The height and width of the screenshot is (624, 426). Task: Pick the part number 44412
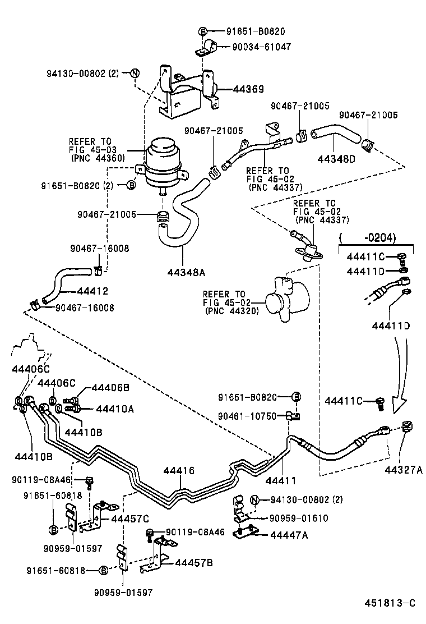[x=92, y=291]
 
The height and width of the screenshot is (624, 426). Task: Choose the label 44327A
[x=404, y=469]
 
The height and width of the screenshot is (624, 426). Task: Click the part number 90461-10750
[x=247, y=416]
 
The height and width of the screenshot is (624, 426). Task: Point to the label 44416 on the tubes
[x=179, y=470]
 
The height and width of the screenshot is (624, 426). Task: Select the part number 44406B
[x=110, y=387]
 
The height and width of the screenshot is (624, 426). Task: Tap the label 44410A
[x=115, y=409]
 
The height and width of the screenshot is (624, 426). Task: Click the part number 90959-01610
[x=299, y=519]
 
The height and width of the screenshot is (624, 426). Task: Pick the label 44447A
[x=289, y=535]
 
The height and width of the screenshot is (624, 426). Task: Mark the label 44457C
[x=130, y=519]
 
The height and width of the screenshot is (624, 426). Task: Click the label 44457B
[x=193, y=562]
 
